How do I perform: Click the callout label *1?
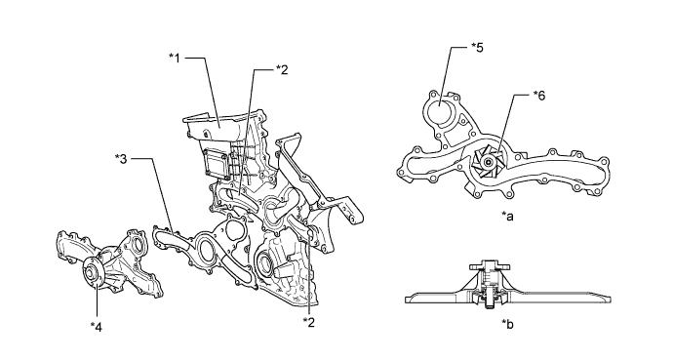(x=175, y=58)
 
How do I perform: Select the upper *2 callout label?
(x=282, y=70)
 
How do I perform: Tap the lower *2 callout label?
(x=308, y=322)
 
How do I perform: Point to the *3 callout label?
(x=122, y=159)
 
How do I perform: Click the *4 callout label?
(x=97, y=328)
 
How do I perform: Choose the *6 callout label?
(x=539, y=96)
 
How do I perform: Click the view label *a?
(x=507, y=217)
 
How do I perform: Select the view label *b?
(x=507, y=324)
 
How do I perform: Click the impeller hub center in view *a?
(x=487, y=162)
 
